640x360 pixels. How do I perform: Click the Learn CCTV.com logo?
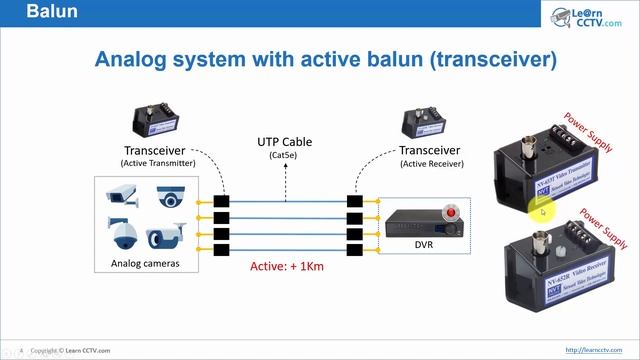[585, 16]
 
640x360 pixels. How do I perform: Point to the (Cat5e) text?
[284, 156]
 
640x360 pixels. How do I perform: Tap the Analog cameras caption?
[146, 264]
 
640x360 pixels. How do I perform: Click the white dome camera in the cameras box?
[171, 198]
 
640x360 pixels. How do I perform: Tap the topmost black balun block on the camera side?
[222, 200]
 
